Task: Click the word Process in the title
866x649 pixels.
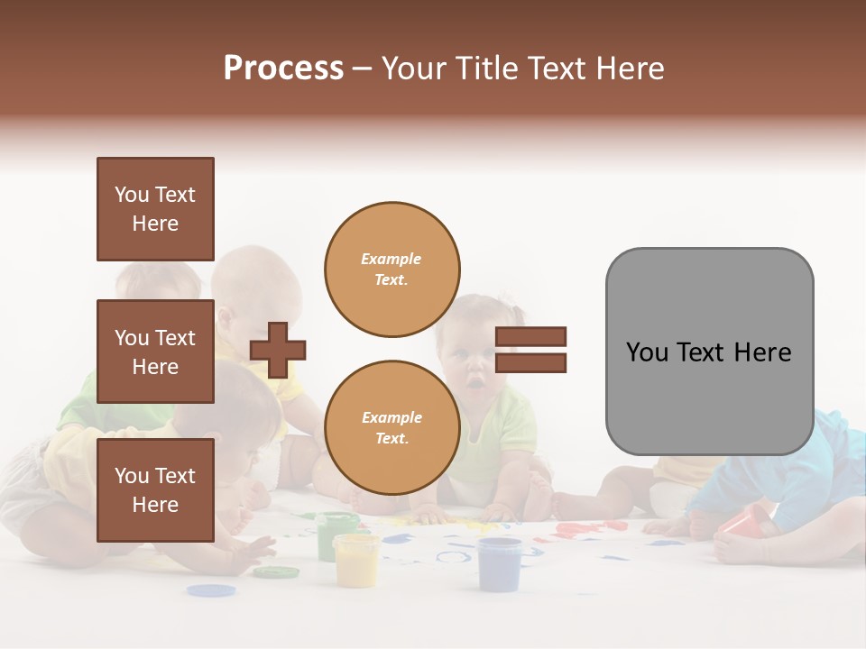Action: pyautogui.click(x=283, y=69)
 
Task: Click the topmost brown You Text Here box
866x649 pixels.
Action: pyautogui.click(x=155, y=209)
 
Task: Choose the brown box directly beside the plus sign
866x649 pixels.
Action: pyautogui.click(x=155, y=352)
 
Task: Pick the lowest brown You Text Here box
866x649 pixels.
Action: pyautogui.click(x=155, y=489)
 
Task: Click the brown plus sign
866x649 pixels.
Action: pyautogui.click(x=278, y=350)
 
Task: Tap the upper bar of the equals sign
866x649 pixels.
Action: pyautogui.click(x=530, y=337)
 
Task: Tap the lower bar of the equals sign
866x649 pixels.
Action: pyautogui.click(x=530, y=362)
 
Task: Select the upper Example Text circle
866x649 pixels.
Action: pyautogui.click(x=392, y=270)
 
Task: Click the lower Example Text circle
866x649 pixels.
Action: pyautogui.click(x=392, y=428)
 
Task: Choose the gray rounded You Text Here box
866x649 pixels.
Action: pyautogui.click(x=709, y=352)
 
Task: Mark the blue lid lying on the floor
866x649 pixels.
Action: pyautogui.click(x=211, y=590)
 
